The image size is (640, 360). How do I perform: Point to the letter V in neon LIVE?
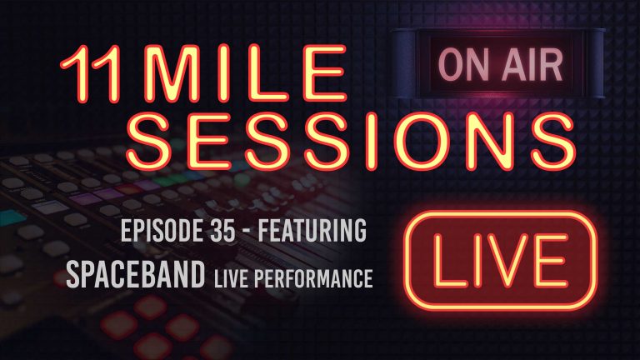tap(508, 257)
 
